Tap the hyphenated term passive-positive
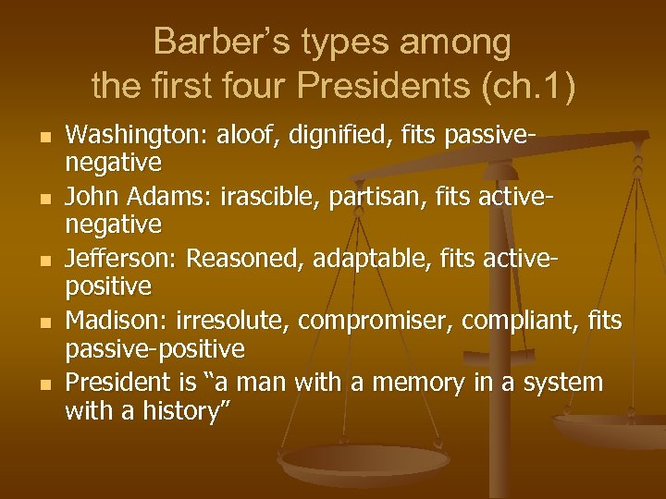pos(154,349)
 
